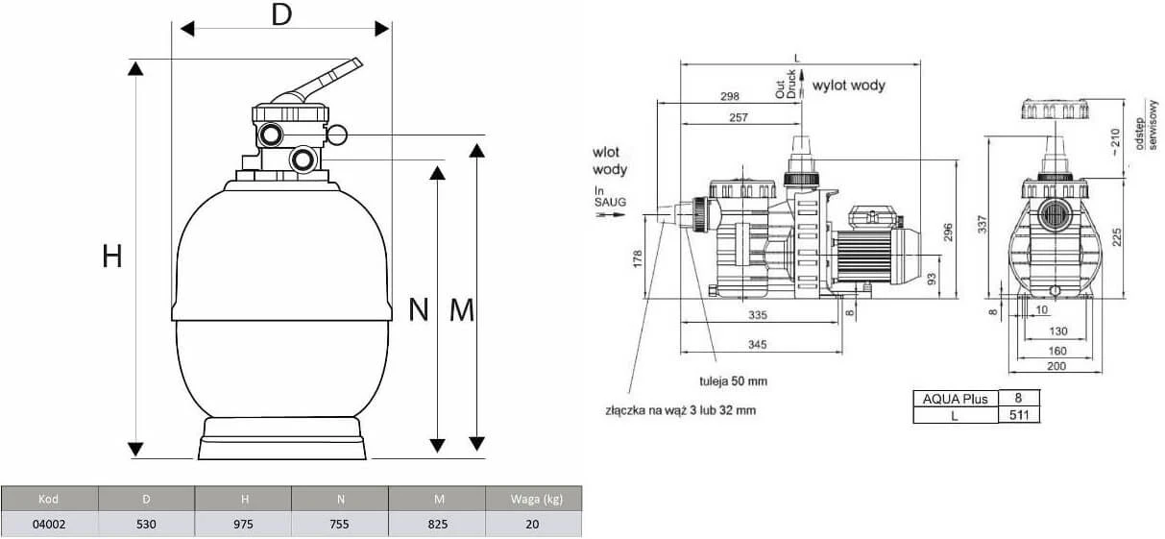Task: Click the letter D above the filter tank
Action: [x=280, y=16]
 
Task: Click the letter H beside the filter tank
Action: [x=112, y=257]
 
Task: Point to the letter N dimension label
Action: [x=419, y=309]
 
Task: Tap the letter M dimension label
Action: [x=462, y=309]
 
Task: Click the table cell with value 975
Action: [x=244, y=524]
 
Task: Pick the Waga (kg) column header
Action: [x=533, y=499]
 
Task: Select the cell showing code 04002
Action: [x=49, y=524]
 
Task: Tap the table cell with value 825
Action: [x=437, y=524]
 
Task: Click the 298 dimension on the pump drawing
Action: [x=730, y=96]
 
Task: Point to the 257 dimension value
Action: [x=738, y=117]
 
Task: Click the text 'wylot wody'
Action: [x=849, y=85]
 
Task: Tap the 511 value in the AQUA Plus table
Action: [x=1019, y=414]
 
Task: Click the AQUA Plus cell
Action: [x=954, y=398]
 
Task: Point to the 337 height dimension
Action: [x=981, y=224]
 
